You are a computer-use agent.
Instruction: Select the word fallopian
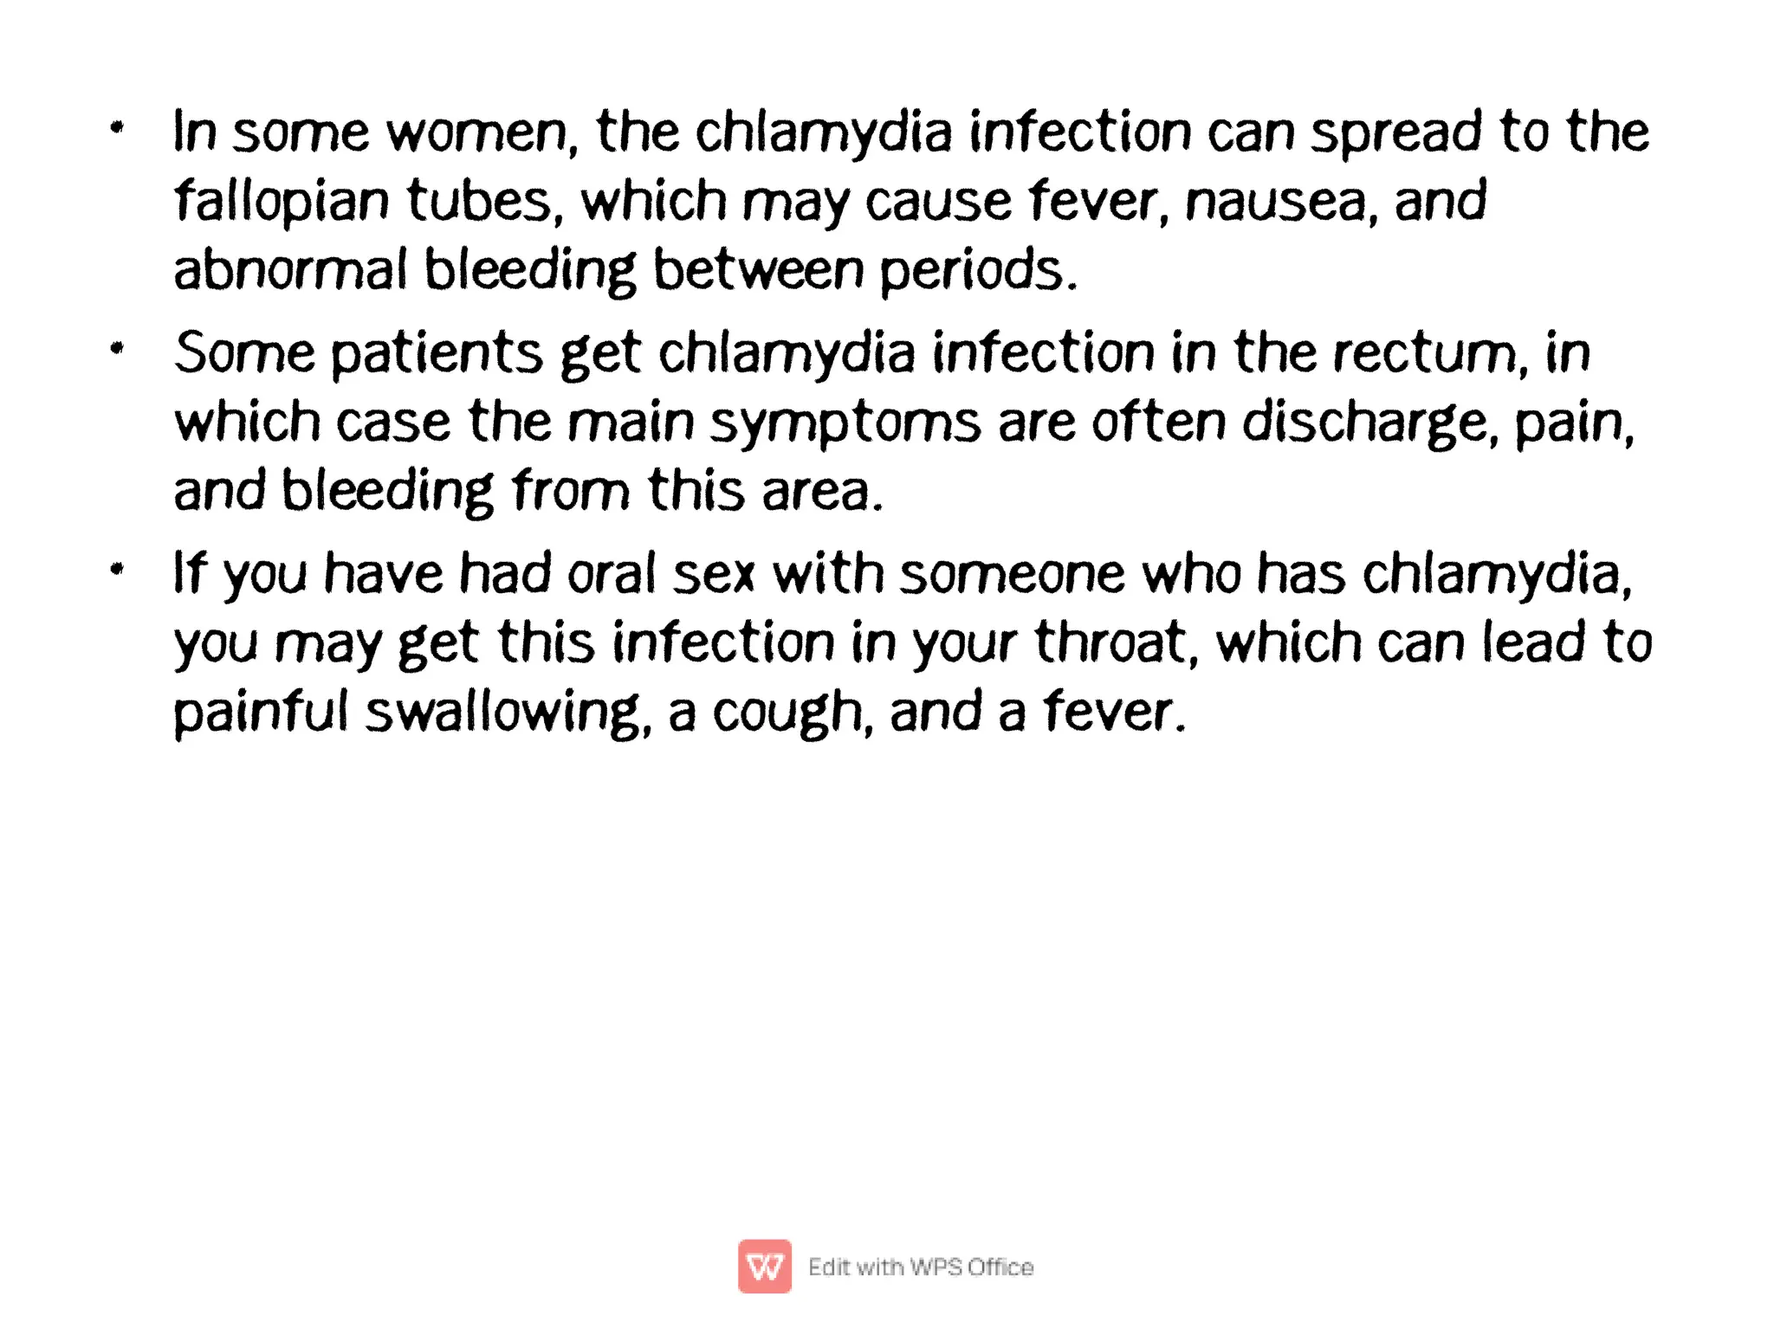282,202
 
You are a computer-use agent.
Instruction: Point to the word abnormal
290,269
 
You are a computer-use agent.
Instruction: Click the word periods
978,271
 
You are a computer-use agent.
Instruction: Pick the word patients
437,354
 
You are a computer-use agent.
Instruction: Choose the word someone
1012,574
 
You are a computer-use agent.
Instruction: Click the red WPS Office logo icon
764,1266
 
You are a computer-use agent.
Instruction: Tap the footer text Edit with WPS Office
921,1267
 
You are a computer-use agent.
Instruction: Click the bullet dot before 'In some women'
118,129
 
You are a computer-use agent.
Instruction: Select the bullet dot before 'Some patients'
118,350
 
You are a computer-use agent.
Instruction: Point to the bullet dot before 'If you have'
118,570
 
